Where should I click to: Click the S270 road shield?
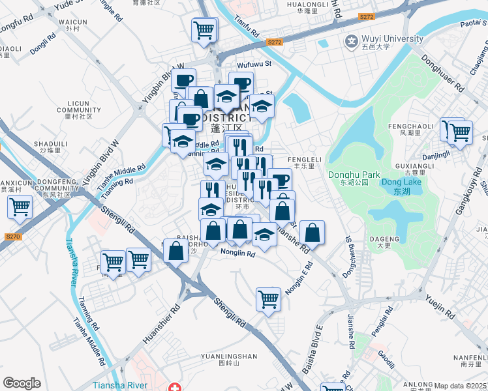[12, 237]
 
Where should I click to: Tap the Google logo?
[22, 383]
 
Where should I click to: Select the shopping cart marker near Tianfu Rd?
[205, 29]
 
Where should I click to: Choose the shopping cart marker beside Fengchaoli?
[460, 132]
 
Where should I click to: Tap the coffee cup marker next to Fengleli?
[279, 180]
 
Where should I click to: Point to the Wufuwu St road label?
[254, 65]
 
